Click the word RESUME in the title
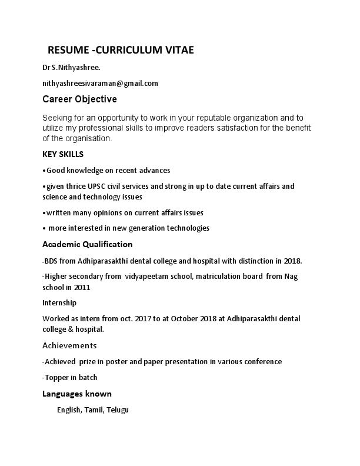coord(66,51)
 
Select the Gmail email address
coord(100,84)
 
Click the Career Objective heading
coord(80,99)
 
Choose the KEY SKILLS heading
coord(63,155)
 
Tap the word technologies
coord(185,228)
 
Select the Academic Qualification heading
coord(88,244)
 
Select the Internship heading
coord(59,303)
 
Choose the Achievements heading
coord(69,345)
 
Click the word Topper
coord(56,377)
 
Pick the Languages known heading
coord(77,394)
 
